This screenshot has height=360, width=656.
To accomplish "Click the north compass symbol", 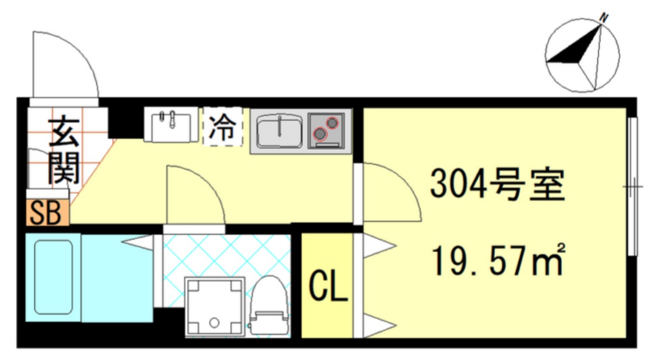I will point(582,55).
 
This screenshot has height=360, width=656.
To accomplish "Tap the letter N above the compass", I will point(603,17).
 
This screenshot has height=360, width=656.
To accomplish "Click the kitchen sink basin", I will point(280,131).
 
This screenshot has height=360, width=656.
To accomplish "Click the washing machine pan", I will point(215,306).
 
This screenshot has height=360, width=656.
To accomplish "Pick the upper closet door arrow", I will point(379,246).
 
